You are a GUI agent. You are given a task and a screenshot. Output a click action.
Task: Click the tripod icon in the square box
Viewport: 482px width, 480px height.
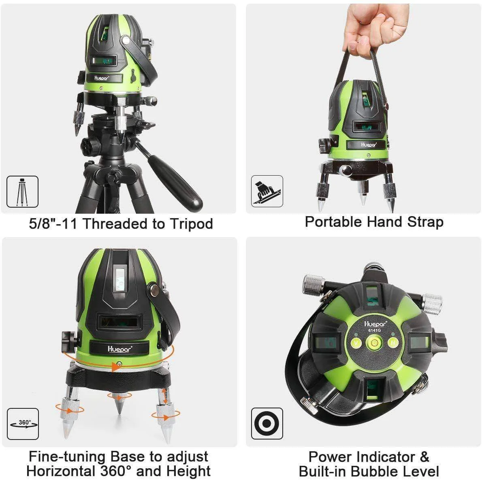click(22, 191)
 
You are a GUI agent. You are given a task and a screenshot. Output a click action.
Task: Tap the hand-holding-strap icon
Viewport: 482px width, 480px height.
click(267, 191)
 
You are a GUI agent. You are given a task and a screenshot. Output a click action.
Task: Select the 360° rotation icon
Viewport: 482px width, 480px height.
click(23, 424)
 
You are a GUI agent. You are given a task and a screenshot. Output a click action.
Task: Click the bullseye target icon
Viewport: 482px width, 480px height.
click(267, 423)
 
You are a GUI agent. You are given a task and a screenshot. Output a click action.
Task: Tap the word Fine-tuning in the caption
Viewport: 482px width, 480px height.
click(67, 457)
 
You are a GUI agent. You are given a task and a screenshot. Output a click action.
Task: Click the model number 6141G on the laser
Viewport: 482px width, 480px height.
click(374, 330)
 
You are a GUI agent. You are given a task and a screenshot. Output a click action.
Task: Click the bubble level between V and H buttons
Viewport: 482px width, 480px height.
click(374, 342)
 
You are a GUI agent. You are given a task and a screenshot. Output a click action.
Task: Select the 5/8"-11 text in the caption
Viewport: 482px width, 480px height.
click(53, 223)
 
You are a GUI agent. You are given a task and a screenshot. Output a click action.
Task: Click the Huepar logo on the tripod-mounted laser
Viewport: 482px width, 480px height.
click(101, 78)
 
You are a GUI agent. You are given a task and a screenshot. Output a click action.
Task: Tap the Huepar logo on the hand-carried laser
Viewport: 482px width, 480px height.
click(368, 144)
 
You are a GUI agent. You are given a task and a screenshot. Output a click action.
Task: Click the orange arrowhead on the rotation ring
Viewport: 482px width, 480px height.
click(116, 367)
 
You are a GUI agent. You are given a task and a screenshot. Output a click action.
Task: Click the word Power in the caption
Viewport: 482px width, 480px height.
click(331, 457)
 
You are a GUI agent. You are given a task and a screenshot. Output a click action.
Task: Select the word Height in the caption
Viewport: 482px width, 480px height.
click(188, 472)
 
